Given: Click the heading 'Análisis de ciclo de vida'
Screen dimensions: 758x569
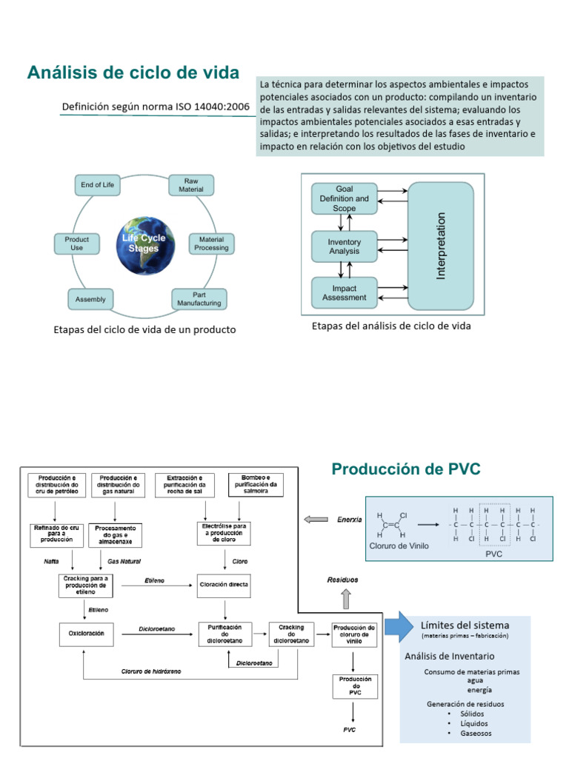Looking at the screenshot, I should pyautogui.click(x=133, y=73).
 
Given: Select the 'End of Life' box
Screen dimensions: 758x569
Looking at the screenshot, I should pyautogui.click(x=97, y=185).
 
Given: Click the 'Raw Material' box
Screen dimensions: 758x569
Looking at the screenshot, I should pyautogui.click(x=191, y=185).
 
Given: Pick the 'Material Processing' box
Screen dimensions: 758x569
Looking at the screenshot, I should pyautogui.click(x=211, y=244).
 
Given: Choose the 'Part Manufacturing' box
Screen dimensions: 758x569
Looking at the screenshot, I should pyautogui.click(x=199, y=298).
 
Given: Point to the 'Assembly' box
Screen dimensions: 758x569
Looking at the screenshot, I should pyautogui.click(x=90, y=300).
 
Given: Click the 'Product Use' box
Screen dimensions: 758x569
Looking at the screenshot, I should pyautogui.click(x=77, y=244).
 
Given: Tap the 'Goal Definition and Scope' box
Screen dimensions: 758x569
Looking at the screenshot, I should pyautogui.click(x=344, y=198).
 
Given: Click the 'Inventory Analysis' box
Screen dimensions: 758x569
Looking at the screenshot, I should pyautogui.click(x=344, y=246).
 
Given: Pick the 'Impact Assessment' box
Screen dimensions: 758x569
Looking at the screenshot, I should pyautogui.click(x=344, y=293).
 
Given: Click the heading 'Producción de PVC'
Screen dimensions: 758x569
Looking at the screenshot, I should pyautogui.click(x=406, y=469).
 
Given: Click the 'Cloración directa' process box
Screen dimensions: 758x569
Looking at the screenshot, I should pyautogui.click(x=224, y=584).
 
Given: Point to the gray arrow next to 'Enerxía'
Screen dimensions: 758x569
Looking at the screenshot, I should pyautogui.click(x=315, y=520).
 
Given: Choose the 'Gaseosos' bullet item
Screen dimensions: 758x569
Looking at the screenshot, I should pyautogui.click(x=475, y=733).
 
